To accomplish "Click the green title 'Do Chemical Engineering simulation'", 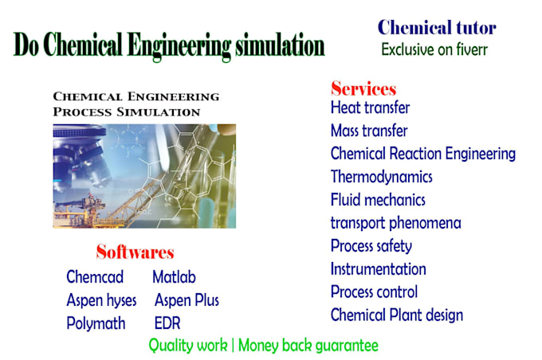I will (x=169, y=45).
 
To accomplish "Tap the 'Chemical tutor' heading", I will (x=437, y=28).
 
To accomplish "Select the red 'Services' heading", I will (x=363, y=88).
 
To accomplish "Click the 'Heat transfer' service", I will (x=370, y=108).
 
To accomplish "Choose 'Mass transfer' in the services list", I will (x=369, y=131).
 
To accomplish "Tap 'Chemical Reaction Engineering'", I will (x=422, y=154).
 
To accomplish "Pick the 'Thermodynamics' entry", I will (x=381, y=177).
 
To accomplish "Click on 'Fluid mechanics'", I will (x=378, y=200).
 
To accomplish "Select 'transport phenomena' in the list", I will (x=395, y=223).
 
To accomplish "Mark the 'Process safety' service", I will (x=371, y=246).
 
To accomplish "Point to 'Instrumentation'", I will (x=378, y=269).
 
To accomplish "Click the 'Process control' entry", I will (x=374, y=292).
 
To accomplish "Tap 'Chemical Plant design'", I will (x=396, y=315).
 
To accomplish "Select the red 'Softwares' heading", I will (x=135, y=253).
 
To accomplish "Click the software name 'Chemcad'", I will (x=95, y=277).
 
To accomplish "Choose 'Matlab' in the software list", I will (x=174, y=277).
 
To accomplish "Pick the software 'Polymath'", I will (x=95, y=323).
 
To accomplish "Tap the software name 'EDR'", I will (x=167, y=323).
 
